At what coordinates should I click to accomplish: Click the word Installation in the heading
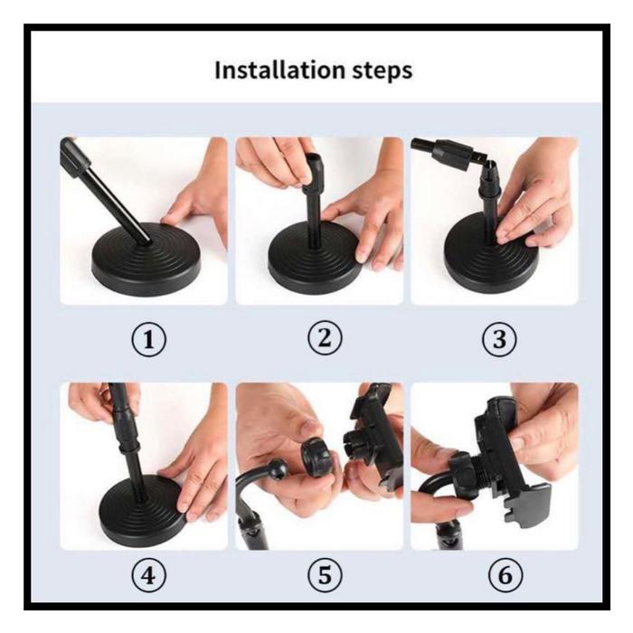tap(279, 71)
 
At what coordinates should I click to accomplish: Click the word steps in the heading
tap(383, 71)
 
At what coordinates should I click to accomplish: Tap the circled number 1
tap(148, 339)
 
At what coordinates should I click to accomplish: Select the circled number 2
tap(325, 338)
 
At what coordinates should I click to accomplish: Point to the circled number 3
tap(499, 339)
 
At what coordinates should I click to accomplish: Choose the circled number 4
tap(148, 575)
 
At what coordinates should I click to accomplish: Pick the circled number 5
tap(325, 575)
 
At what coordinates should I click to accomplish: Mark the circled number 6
tap(505, 575)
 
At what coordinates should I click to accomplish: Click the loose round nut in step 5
tap(316, 458)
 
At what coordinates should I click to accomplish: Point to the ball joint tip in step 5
tap(279, 468)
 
